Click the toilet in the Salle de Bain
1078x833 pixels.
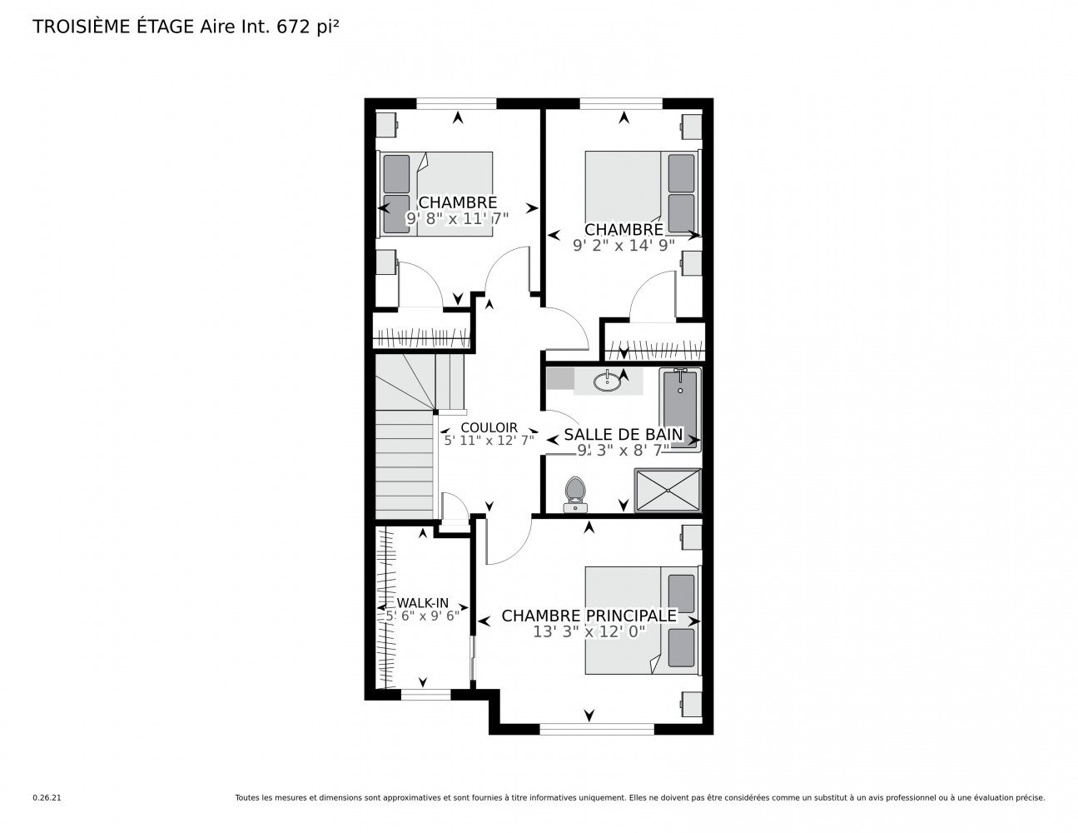[575, 494]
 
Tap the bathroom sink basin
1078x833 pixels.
[606, 382]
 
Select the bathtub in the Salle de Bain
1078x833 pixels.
[679, 409]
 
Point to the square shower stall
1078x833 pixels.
[668, 490]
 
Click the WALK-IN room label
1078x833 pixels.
[422, 602]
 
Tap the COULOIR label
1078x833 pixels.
[489, 427]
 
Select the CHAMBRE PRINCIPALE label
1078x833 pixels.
[589, 616]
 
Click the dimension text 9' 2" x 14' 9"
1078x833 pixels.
[623, 245]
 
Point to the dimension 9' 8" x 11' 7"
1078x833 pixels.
[457, 218]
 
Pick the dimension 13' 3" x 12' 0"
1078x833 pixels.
[589, 631]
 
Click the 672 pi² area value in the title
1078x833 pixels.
[307, 27]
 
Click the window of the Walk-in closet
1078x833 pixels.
[425, 694]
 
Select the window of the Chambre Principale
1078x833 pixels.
[597, 729]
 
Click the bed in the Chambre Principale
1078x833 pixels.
[642, 621]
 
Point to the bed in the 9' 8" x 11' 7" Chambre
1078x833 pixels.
[435, 193]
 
